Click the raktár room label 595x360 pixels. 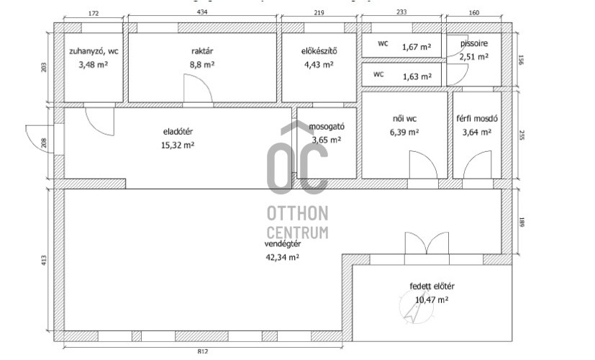[202, 51]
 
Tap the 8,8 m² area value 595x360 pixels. [202, 65]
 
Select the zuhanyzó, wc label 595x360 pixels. [94, 51]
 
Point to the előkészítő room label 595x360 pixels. [319, 51]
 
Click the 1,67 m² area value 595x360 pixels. [417, 47]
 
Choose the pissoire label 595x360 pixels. [474, 43]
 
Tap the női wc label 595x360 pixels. [404, 119]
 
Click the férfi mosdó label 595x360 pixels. [477, 119]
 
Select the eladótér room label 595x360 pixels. [178, 131]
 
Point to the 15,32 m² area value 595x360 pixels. [178, 145]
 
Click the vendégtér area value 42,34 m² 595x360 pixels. [282, 258]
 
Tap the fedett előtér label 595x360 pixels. [432, 287]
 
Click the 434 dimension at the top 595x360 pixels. [202, 12]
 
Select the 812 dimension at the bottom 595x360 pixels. [203, 351]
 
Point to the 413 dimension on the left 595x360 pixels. [44, 260]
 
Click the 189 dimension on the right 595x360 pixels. [522, 222]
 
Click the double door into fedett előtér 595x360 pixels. [427, 243]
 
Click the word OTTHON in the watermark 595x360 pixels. [298, 213]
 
